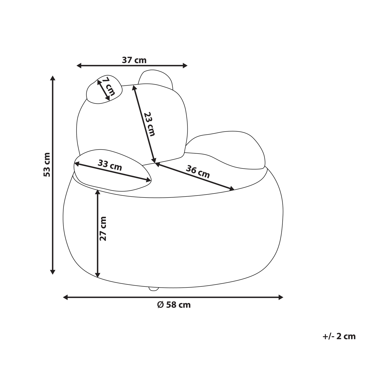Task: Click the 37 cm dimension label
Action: click(134, 60)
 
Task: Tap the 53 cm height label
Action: click(47, 165)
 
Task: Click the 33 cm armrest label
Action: click(110, 165)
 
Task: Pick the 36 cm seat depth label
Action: click(198, 172)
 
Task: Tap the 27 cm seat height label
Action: click(103, 229)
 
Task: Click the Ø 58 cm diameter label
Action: click(174, 305)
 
